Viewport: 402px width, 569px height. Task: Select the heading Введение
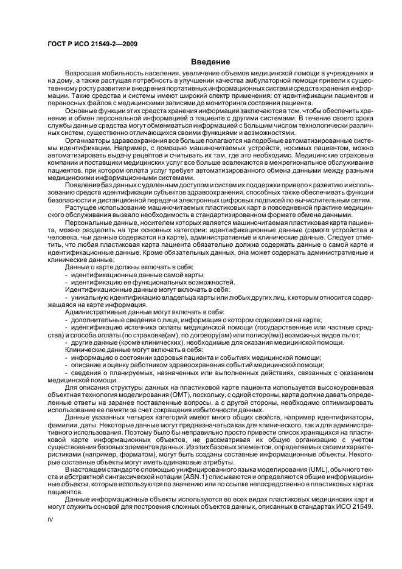point(210,61)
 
